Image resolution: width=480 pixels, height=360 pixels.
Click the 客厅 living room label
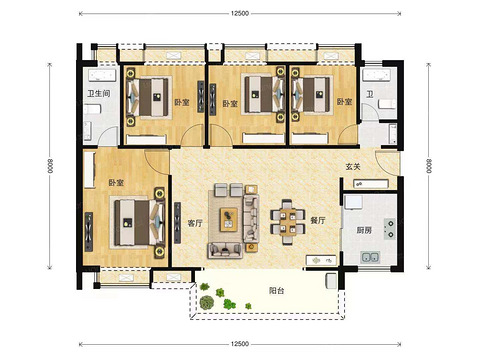tap(195, 223)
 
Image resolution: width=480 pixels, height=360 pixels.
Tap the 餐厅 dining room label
tap(318, 220)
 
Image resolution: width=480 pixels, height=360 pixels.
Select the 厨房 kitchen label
tap(364, 230)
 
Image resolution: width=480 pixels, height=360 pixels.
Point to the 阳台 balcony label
tap(277, 291)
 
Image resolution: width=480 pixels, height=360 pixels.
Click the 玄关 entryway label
tap(353, 166)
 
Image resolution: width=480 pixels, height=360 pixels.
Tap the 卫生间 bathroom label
tap(99, 93)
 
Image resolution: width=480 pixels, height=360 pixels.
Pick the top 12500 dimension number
tap(240, 14)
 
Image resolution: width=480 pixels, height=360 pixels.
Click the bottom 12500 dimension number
tap(240, 344)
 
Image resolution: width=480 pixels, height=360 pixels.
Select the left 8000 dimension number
tap(50, 166)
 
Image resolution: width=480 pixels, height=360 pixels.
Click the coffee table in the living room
tap(229, 219)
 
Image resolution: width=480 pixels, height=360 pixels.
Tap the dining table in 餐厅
tap(287, 222)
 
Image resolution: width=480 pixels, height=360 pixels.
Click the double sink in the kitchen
tap(370, 257)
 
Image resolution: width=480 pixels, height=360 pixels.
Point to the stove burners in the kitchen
tap(389, 229)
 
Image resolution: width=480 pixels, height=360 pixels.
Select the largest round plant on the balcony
tap(207, 302)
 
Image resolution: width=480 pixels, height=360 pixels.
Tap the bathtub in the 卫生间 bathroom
tap(102, 75)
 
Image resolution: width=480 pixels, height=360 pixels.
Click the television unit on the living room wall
tap(177, 223)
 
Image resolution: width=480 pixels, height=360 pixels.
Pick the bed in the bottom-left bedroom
tap(139, 222)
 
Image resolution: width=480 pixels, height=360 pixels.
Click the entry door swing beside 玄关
tap(387, 163)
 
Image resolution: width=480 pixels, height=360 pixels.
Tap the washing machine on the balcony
tap(331, 280)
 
